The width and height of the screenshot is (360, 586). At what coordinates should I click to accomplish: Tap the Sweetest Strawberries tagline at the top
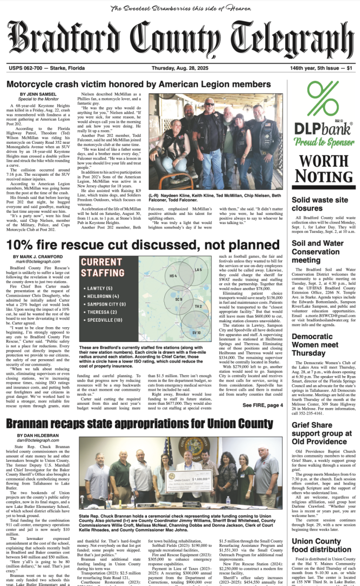pyautogui.click(x=180, y=8)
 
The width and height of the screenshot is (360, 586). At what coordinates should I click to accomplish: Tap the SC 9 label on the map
pyautogui.click(x=178, y=299)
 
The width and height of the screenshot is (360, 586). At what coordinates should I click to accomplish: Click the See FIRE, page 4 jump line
pyautogui.click(x=262, y=405)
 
